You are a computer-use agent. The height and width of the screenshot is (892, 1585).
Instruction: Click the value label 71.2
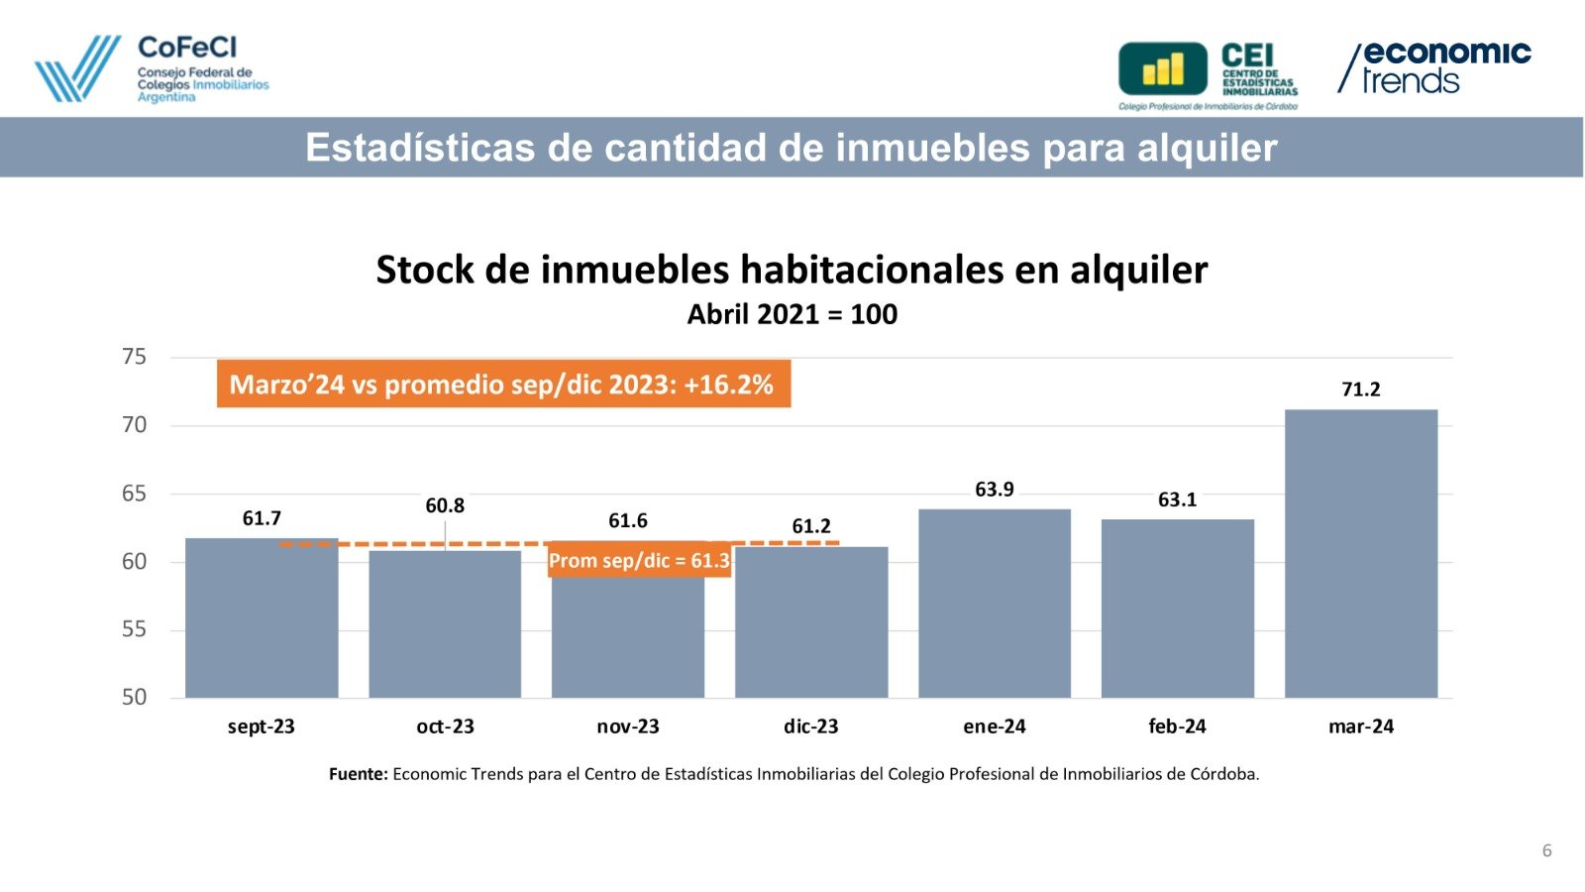(x=1360, y=390)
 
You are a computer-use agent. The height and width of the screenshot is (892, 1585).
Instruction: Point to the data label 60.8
(x=445, y=505)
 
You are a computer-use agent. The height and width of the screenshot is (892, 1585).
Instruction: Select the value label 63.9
(x=995, y=490)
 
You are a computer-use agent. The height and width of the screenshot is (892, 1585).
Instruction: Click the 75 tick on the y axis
(x=134, y=357)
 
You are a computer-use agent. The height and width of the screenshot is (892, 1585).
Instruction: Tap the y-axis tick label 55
(x=134, y=629)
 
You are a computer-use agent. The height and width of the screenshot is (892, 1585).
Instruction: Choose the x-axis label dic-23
(x=810, y=726)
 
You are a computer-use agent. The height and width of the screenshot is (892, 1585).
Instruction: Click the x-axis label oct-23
(x=445, y=726)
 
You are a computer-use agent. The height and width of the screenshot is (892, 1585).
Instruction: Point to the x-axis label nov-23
(x=628, y=726)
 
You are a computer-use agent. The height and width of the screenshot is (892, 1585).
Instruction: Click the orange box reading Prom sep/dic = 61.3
(x=639, y=561)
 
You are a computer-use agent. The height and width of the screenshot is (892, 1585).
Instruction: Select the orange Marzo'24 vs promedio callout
(x=503, y=384)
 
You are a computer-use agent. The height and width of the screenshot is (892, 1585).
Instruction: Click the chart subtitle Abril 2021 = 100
(x=792, y=314)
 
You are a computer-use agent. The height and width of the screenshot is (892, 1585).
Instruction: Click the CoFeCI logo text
(x=187, y=48)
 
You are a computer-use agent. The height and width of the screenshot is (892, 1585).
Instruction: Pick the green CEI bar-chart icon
(x=1163, y=68)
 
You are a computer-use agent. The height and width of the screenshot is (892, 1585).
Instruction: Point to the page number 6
(x=1546, y=850)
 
